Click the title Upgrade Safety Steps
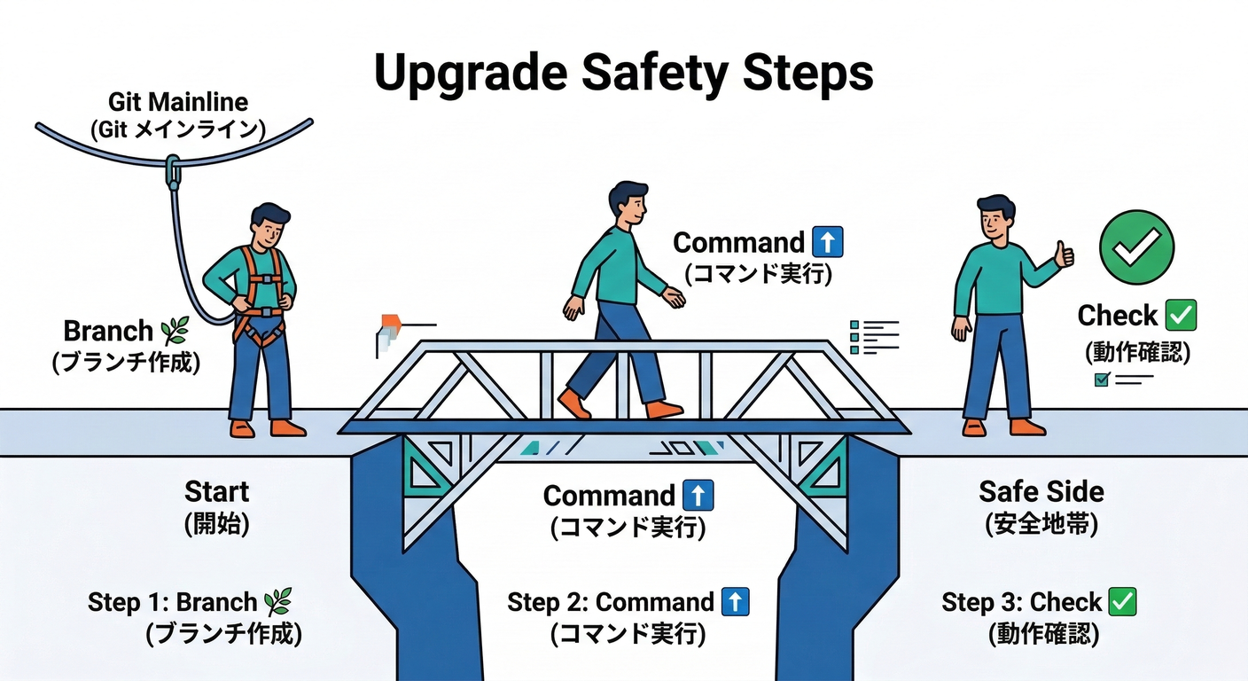pyautogui.click(x=623, y=74)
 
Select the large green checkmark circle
pyautogui.click(x=1136, y=247)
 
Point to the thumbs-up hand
pyautogui.click(x=1063, y=255)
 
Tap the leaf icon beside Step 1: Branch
pyautogui.click(x=277, y=602)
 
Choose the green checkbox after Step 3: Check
pyautogui.click(x=1122, y=602)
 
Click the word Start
pyautogui.click(x=217, y=491)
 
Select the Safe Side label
pyautogui.click(x=1041, y=491)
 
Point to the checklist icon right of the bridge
pyautogui.click(x=874, y=337)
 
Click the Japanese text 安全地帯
pyautogui.click(x=1041, y=524)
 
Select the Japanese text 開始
pyautogui.click(x=217, y=524)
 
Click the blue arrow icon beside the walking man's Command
pyautogui.click(x=827, y=242)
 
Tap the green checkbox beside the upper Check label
pyautogui.click(x=1181, y=315)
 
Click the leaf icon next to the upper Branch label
pyautogui.click(x=175, y=332)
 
